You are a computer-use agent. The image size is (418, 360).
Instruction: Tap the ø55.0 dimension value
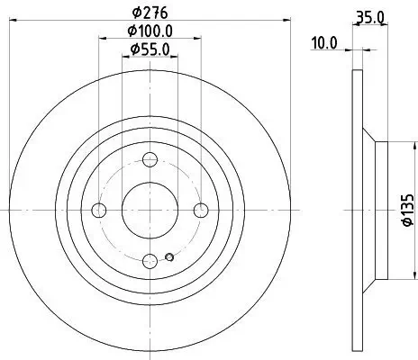(x=150, y=50)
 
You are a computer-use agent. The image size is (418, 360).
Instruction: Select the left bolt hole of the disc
(x=100, y=211)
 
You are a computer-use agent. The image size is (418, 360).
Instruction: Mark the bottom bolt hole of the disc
(x=150, y=260)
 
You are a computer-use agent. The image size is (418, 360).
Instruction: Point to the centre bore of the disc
(x=150, y=211)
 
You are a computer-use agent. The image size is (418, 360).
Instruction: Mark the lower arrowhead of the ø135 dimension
(x=390, y=275)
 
